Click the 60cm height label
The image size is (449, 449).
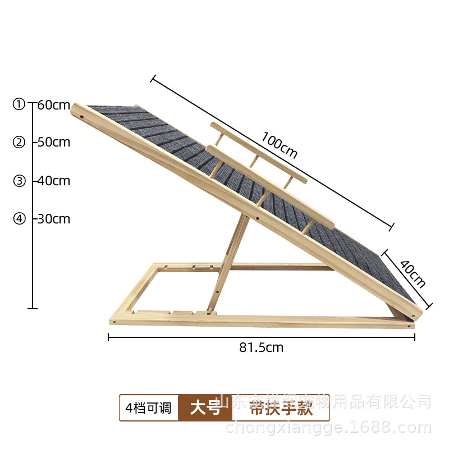[x=54, y=105]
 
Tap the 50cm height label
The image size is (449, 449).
[x=54, y=143]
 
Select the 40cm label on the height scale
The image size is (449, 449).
[x=54, y=181]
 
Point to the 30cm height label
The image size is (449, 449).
[x=54, y=219]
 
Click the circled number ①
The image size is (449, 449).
[x=20, y=104]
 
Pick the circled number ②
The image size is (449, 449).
[x=20, y=143]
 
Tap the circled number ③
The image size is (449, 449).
[x=20, y=181]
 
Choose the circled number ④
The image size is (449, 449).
[x=20, y=219]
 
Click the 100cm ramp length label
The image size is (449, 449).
[x=279, y=145]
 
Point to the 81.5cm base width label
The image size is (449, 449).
[x=262, y=347]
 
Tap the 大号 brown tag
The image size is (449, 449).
[x=205, y=408]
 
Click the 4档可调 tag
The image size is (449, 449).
[x=149, y=408]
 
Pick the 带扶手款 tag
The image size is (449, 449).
[x=281, y=408]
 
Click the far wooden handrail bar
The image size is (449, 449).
[x=258, y=153]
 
